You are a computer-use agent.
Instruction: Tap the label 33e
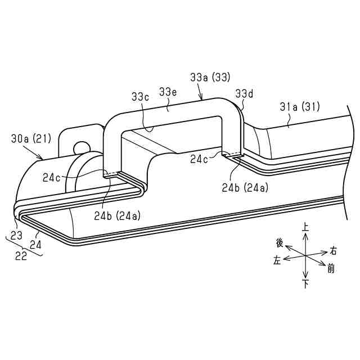(x=169, y=91)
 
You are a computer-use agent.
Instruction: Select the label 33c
(x=140, y=96)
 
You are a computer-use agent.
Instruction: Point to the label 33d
(x=244, y=93)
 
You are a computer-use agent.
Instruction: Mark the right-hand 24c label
(x=198, y=159)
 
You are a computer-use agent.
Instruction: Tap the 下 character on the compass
(x=305, y=285)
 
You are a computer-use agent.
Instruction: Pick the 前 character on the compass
(x=331, y=269)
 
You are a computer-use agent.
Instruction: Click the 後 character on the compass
(x=280, y=242)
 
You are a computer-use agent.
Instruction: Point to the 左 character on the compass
(x=277, y=260)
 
